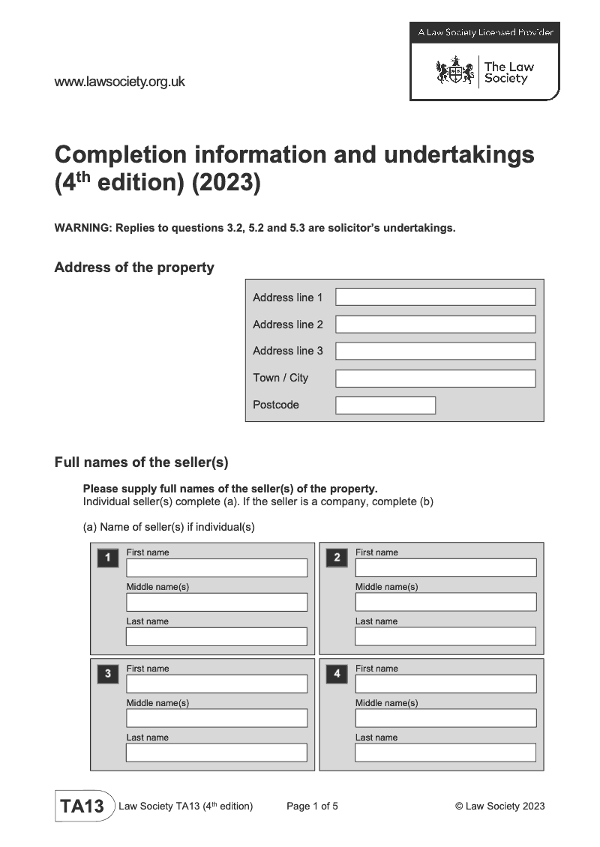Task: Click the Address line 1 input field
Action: (435, 297)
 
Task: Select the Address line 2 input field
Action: (435, 324)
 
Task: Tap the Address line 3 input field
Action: (435, 351)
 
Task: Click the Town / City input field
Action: (435, 378)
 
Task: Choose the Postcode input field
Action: (385, 405)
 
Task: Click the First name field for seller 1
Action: (217, 567)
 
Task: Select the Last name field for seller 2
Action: (445, 636)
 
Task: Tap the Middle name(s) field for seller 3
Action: (217, 718)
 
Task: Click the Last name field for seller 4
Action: (445, 753)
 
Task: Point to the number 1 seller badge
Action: (108, 558)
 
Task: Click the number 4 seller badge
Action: (337, 674)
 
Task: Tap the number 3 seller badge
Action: (108, 674)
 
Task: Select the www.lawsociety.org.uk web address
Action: (119, 82)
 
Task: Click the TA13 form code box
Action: (82, 807)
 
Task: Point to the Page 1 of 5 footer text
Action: (312, 807)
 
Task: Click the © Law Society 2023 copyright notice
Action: (499, 807)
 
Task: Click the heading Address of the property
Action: (134, 268)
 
